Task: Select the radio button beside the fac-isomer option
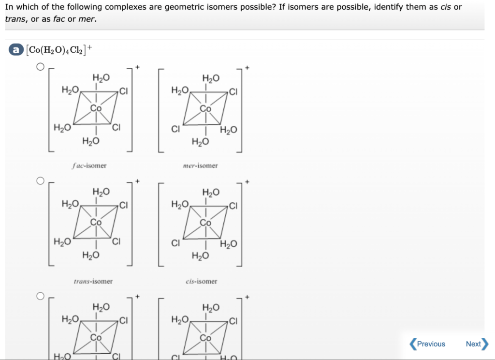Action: point(41,67)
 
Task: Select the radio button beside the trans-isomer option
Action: point(41,181)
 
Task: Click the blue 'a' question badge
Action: point(16,49)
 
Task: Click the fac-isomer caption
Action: point(89,165)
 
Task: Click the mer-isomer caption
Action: point(200,165)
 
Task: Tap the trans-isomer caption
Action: point(93,281)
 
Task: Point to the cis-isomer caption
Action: point(202,281)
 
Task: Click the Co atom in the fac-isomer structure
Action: point(96,108)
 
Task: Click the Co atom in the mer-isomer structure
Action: point(205,108)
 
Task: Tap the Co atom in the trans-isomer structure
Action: point(96,223)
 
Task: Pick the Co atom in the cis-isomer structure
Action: point(205,223)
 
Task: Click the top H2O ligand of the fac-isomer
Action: point(101,77)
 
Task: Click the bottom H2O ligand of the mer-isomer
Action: point(200,141)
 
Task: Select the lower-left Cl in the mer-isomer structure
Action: point(175,129)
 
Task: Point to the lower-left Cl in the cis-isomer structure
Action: point(175,243)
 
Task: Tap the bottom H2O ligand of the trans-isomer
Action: point(91,255)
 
